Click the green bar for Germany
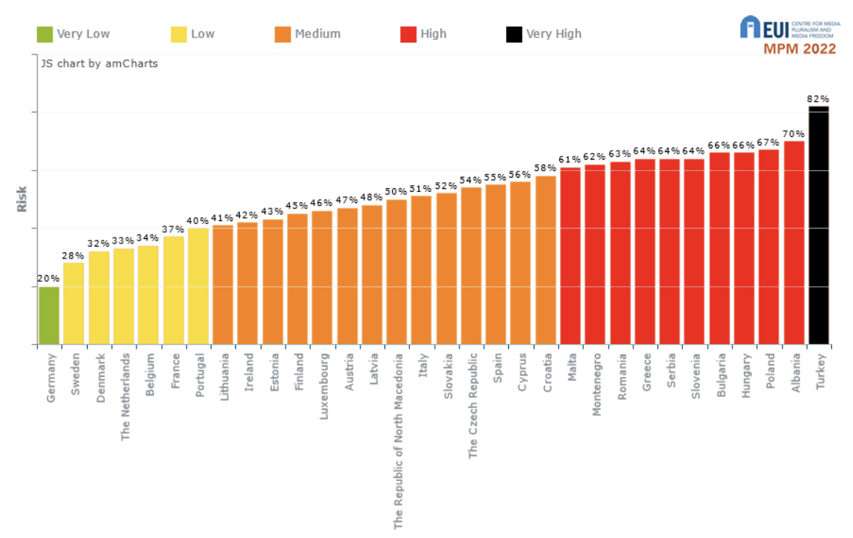click(x=49, y=315)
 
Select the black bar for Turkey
click(x=819, y=225)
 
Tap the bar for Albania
click(x=794, y=243)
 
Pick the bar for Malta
click(x=570, y=256)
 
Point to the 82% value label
click(x=819, y=98)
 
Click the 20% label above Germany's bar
click(x=49, y=279)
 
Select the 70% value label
click(x=794, y=133)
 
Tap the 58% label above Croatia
click(x=546, y=168)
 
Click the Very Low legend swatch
click(x=45, y=34)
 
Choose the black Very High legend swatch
click(x=514, y=34)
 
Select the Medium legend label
click(x=317, y=34)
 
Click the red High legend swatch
click(x=409, y=34)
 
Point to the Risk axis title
click(x=22, y=199)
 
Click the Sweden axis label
click(x=75, y=374)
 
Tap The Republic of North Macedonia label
click(x=398, y=441)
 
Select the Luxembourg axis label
click(x=324, y=387)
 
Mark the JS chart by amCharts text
click(x=100, y=64)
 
